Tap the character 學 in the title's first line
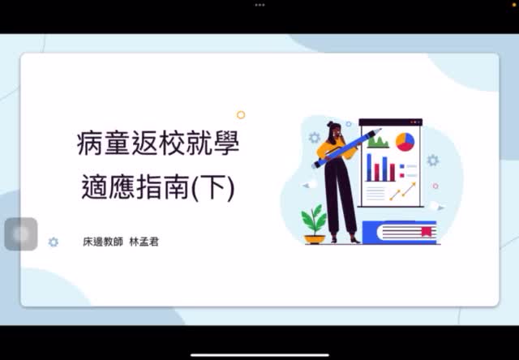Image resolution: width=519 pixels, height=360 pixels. tap(228, 145)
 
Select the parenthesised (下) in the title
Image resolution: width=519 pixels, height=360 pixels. tap(217, 187)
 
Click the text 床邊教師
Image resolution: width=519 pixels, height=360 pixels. tap(104, 242)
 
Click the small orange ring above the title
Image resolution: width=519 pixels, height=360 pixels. tap(241, 115)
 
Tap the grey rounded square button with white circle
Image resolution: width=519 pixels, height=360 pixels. tap(21, 234)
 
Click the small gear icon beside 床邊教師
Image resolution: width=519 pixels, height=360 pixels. tap(54, 242)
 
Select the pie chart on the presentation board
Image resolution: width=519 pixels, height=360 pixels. tap(405, 142)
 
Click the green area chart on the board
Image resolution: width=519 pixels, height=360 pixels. tap(378, 143)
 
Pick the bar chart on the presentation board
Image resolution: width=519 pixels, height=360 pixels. tap(381, 168)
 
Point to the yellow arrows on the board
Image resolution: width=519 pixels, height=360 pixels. tap(402, 192)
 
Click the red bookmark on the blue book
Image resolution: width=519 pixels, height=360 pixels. tap(425, 232)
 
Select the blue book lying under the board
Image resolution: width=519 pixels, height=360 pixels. tap(399, 233)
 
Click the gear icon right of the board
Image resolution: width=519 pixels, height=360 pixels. tap(433, 161)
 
